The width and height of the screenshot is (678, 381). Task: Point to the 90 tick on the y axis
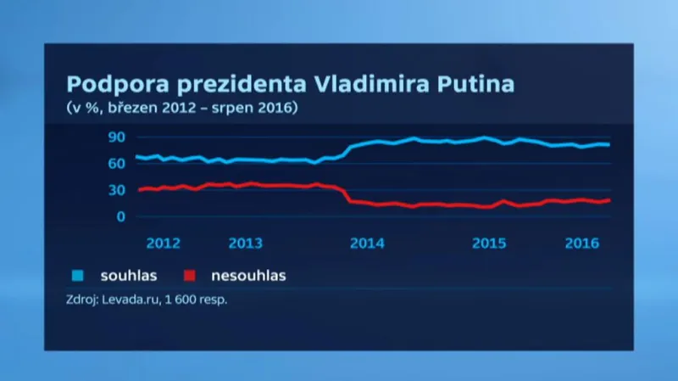[x=116, y=137]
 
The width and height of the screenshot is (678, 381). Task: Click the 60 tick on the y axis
[x=116, y=164]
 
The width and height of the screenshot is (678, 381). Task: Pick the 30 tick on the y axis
[x=116, y=190]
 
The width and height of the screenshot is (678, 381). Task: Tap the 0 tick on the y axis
[x=120, y=216]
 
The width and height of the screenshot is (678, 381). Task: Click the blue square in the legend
[x=78, y=275]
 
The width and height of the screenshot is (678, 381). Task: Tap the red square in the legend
[x=191, y=275]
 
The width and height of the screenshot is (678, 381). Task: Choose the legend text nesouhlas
[x=250, y=275]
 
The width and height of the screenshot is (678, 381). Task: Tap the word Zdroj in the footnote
[x=82, y=299]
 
